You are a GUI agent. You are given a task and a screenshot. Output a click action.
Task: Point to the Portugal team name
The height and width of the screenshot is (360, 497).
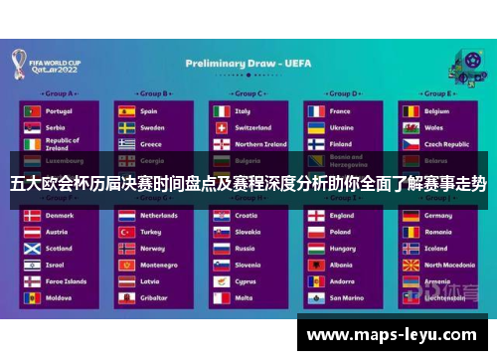pos(59,111)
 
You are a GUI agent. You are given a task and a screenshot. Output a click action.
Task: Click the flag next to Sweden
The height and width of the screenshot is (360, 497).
pos(126,127)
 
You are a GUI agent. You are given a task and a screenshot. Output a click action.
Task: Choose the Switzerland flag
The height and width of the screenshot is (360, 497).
pos(221,127)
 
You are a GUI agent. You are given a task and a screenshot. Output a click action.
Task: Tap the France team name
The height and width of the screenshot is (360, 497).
pos(340,111)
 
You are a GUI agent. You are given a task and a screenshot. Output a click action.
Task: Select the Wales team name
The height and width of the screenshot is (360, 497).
pos(434,127)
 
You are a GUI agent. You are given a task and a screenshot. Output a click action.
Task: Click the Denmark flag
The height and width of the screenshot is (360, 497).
pos(33,215)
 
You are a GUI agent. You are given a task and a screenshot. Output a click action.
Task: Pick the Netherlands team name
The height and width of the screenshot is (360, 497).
pos(159,215)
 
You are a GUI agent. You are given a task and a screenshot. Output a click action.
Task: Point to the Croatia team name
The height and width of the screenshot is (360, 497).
pos(247,215)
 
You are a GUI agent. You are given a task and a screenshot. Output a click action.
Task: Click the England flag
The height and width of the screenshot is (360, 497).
pos(315,215)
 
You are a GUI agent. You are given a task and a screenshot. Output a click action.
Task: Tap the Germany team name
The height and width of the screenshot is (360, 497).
pos(438,215)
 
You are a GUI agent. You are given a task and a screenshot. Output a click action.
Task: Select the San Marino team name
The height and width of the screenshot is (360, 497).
pos(346,297)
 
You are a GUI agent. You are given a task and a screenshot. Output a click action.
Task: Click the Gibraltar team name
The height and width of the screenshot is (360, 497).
pos(153,297)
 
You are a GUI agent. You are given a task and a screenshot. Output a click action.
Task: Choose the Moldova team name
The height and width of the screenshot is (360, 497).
pos(59,297)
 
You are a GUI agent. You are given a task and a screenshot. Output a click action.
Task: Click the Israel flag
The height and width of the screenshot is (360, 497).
pos(33,265)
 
